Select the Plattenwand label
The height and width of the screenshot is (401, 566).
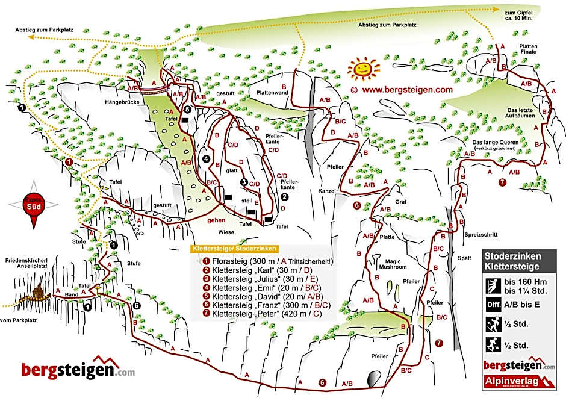click(270, 93)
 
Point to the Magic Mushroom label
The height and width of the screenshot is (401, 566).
click(393, 263)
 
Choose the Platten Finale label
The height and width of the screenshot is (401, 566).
click(523, 49)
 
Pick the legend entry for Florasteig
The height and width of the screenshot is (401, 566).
click(268, 261)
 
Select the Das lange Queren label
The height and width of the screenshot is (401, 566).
click(494, 140)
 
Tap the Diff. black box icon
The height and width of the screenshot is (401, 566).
click(493, 305)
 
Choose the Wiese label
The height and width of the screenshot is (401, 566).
click(226, 231)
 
